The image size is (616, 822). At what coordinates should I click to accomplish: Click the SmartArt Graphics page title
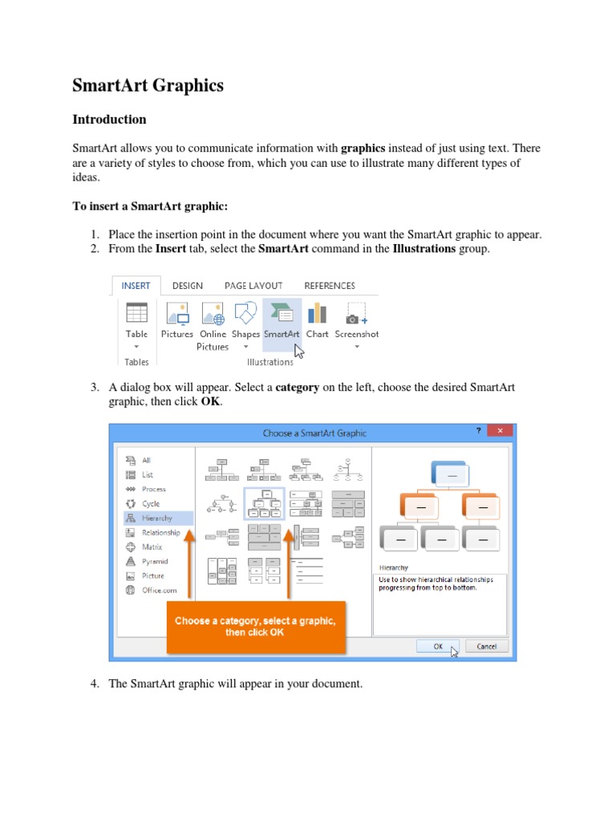(x=148, y=85)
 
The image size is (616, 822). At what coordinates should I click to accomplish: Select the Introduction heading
(x=109, y=120)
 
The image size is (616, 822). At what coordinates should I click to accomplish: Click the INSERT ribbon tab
(x=136, y=286)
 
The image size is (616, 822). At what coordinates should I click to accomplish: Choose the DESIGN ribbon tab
(x=187, y=286)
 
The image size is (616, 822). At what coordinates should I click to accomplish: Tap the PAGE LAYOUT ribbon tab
(x=253, y=286)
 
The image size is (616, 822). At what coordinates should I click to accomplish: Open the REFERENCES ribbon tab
(x=329, y=286)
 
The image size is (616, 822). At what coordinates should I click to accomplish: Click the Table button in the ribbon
(x=136, y=321)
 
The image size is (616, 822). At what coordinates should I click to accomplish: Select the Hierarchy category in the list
(x=157, y=519)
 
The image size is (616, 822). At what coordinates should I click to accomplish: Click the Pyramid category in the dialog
(x=154, y=562)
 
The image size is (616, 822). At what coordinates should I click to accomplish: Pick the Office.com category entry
(x=158, y=590)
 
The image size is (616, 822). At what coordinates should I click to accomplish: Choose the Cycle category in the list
(x=151, y=504)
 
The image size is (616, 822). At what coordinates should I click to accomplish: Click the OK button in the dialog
(x=438, y=646)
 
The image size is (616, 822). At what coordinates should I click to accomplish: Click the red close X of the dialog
(x=500, y=432)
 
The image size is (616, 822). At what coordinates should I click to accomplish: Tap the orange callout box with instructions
(x=255, y=626)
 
